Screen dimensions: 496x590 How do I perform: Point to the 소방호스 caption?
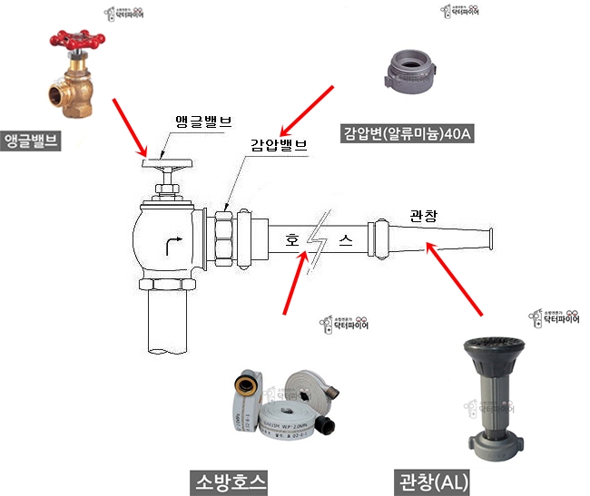231,480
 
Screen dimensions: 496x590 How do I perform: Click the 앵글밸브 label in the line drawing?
202,122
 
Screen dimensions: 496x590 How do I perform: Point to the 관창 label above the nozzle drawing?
425,217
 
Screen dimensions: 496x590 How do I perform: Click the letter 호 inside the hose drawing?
291,241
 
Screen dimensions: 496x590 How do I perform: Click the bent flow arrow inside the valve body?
170,244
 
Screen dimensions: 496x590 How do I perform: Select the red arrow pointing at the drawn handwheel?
133,125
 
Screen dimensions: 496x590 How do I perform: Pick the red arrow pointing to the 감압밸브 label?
307,109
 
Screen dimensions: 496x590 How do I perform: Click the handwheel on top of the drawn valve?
168,165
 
